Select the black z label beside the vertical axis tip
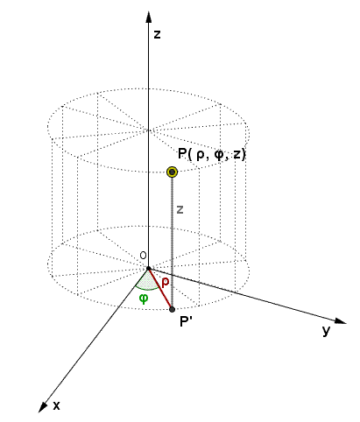point(157,35)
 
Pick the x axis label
point(56,406)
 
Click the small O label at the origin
point(140,255)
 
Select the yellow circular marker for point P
point(173,172)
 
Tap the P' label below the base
point(186,321)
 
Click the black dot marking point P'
point(172,309)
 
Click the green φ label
point(144,297)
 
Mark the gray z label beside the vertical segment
point(180,209)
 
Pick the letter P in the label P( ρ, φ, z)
point(181,154)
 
